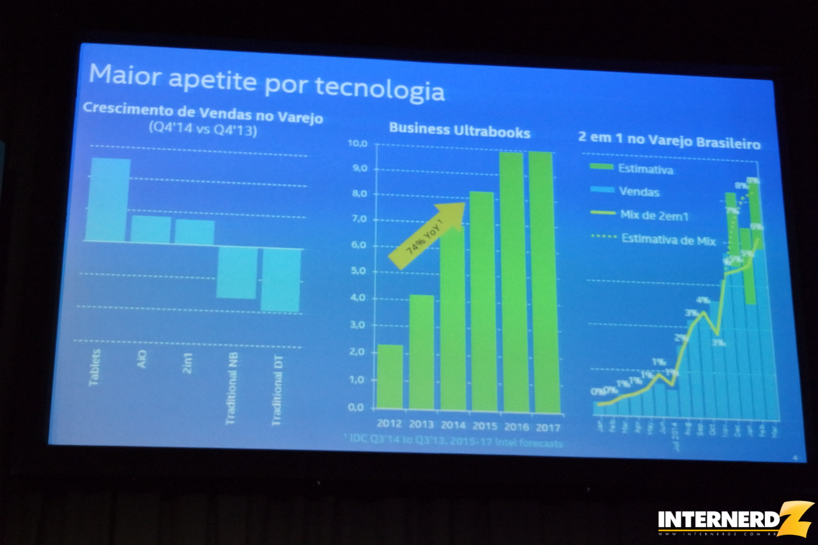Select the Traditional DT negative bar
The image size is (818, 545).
pos(281,279)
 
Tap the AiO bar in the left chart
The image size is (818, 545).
pos(151,229)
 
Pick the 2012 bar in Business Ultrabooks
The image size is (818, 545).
pos(390,376)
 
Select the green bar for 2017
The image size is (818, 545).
pos(544,282)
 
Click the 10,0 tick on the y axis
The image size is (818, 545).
pos(357,143)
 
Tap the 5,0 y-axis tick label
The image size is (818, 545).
pos(358,271)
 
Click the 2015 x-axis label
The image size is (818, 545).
pos(483,424)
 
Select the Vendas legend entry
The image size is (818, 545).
pos(638,192)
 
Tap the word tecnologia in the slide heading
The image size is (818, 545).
pos(380,89)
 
